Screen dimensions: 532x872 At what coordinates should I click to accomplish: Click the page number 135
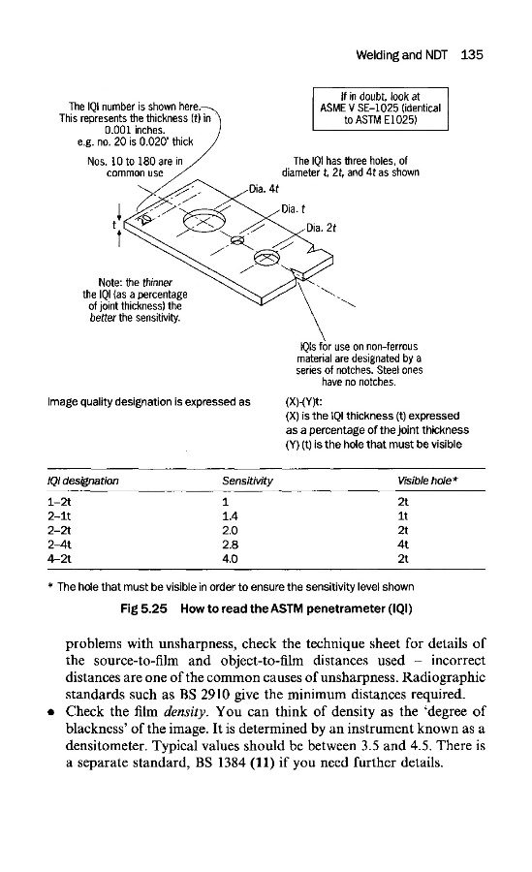(472, 54)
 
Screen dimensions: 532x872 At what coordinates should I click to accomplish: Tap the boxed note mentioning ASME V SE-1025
(380, 109)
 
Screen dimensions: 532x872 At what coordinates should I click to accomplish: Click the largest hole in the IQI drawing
(204, 221)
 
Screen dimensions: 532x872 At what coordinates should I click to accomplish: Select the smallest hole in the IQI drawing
(237, 240)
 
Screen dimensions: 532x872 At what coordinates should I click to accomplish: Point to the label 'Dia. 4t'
(264, 189)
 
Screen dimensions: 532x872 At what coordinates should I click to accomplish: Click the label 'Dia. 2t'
(321, 228)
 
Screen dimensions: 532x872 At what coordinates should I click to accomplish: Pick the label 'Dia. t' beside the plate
(294, 209)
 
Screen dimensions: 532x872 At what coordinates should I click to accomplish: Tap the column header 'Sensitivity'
(248, 481)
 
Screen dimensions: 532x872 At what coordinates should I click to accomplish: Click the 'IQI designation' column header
(83, 481)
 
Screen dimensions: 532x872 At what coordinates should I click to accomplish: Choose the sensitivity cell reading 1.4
(230, 516)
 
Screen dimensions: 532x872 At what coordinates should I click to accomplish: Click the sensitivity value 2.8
(230, 545)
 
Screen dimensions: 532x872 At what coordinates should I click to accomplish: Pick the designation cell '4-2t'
(59, 559)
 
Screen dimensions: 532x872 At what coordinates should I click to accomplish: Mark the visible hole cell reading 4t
(403, 545)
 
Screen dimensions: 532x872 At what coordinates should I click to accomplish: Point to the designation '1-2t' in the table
(59, 502)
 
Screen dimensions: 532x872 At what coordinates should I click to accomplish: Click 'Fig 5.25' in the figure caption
(143, 608)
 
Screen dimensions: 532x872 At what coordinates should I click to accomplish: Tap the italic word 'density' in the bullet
(186, 712)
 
